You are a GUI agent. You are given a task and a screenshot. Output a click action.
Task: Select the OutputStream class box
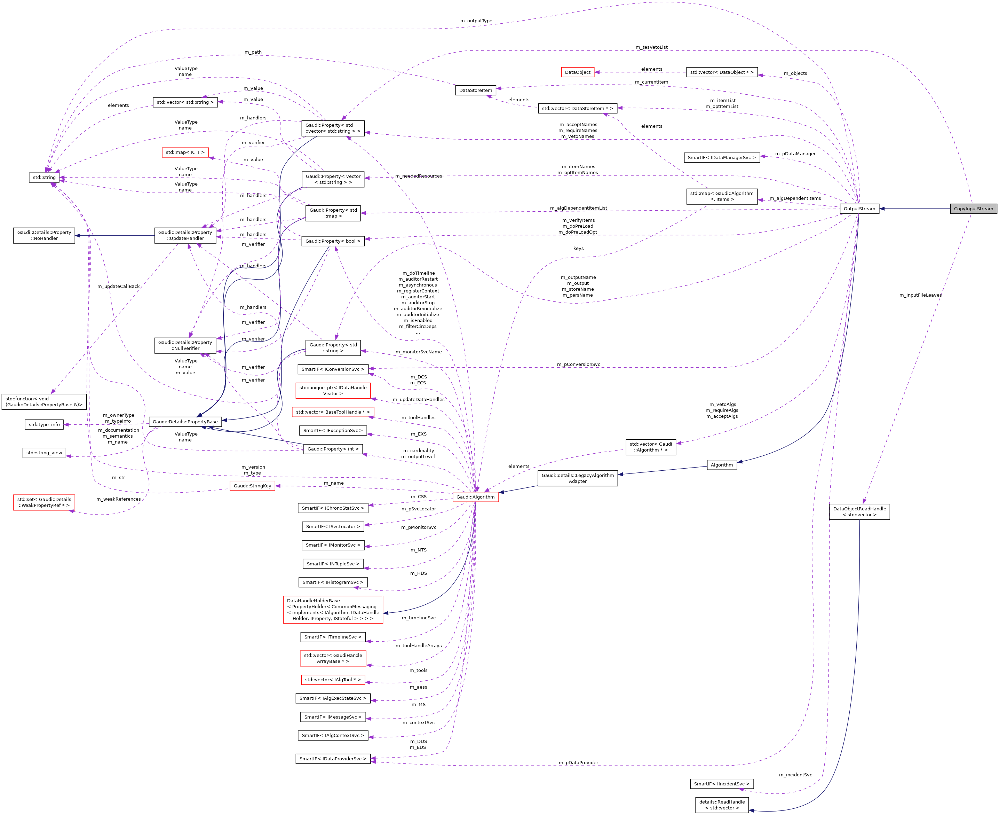(x=859, y=209)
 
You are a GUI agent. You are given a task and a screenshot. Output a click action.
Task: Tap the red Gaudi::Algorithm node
(x=475, y=497)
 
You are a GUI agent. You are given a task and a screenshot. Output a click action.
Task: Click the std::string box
(x=44, y=178)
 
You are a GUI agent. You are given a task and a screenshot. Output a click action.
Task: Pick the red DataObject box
(x=577, y=72)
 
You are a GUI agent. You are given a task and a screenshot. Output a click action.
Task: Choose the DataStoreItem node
(x=475, y=90)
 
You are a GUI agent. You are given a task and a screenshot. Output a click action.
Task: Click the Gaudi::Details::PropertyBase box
(x=185, y=422)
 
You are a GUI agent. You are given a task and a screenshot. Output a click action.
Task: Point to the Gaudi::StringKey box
(x=252, y=486)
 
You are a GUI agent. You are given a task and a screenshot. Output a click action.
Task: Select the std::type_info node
(x=44, y=424)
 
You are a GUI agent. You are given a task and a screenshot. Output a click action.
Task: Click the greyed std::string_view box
(x=44, y=453)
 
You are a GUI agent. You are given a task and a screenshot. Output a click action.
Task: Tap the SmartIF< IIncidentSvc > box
(x=721, y=784)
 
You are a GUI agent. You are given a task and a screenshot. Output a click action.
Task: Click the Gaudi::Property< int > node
(x=333, y=449)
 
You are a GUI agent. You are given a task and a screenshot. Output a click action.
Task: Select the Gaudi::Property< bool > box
(x=333, y=241)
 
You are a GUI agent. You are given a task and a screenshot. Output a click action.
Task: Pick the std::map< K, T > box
(x=185, y=152)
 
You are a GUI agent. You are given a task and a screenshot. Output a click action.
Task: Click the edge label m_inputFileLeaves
(x=920, y=295)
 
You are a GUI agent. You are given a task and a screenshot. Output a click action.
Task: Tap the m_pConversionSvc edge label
(x=578, y=364)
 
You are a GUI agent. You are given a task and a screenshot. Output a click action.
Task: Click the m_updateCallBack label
(x=118, y=287)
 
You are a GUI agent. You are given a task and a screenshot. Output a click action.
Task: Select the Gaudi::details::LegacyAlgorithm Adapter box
(x=577, y=478)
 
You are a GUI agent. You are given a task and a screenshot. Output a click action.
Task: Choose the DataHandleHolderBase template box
(x=333, y=609)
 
